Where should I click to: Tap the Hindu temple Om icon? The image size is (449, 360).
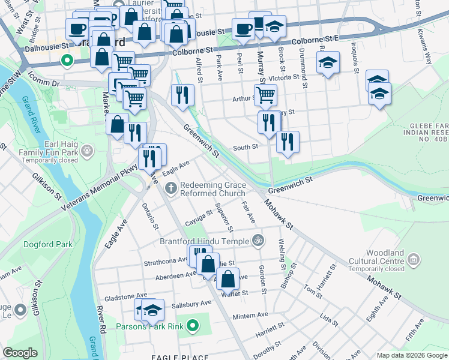coord(258,239)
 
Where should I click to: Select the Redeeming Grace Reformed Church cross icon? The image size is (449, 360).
coord(171,188)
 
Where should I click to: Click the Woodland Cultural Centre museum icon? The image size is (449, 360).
coord(413,259)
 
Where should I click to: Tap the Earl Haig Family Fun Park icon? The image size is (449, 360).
coord(88,148)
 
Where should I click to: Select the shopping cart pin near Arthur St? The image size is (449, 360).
coord(265,94)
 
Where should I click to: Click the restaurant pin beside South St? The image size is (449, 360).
coord(288,142)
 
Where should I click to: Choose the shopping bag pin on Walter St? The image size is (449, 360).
coord(228,278)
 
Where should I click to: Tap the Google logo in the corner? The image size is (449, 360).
coord(20,353)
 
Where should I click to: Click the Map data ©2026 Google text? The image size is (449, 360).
coord(412,355)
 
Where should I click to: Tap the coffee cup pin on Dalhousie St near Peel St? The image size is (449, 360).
coord(243,29)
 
